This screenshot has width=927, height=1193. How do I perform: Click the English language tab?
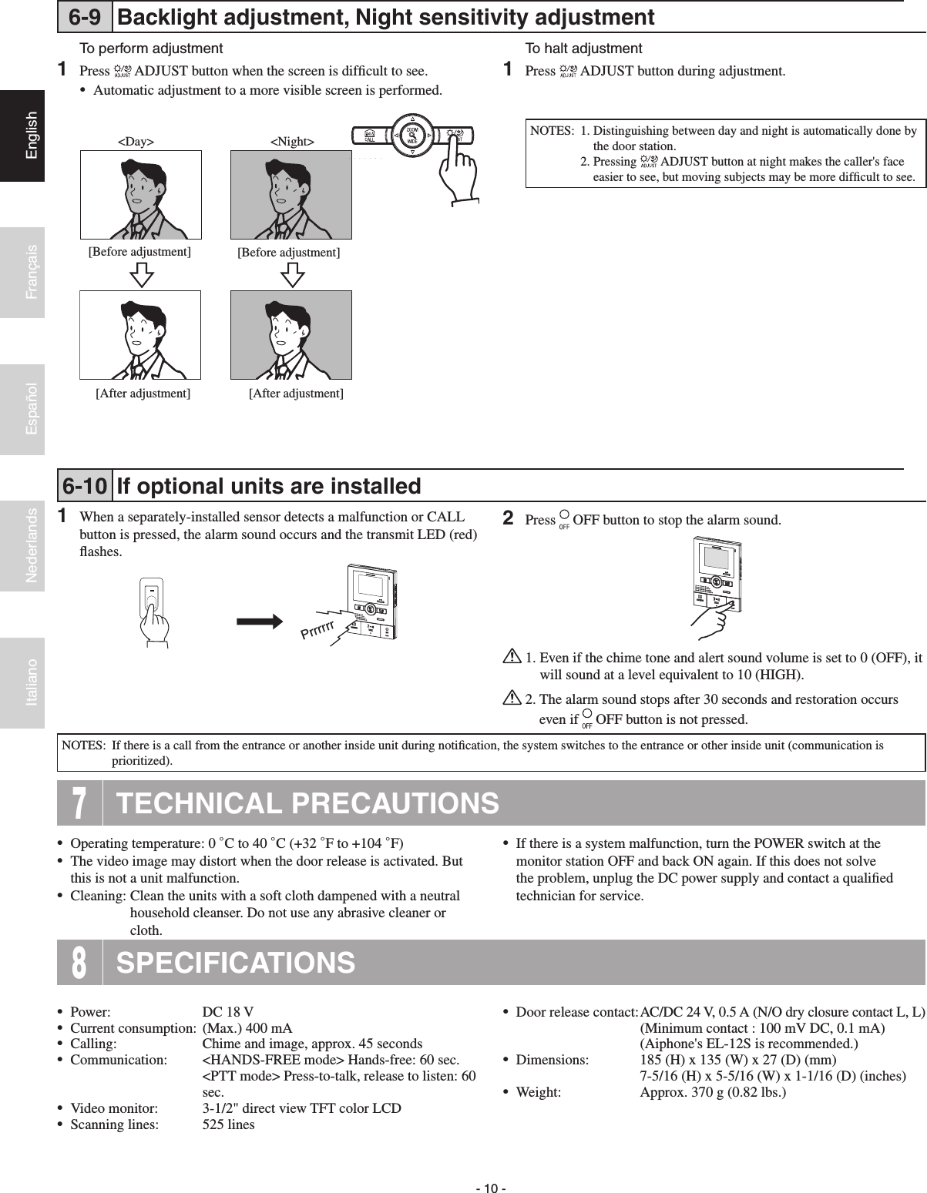22,136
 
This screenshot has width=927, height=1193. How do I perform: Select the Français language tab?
22,272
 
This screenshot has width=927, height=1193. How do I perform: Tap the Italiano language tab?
22,682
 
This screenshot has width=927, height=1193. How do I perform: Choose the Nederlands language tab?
22,545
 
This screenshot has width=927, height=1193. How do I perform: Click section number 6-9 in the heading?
85,16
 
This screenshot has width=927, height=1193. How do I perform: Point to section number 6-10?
85,486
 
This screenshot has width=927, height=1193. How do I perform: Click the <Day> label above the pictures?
135,142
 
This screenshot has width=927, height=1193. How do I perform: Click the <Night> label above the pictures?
292,142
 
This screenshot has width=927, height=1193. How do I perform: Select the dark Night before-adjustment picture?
291,194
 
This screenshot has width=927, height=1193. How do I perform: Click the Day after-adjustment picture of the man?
141,335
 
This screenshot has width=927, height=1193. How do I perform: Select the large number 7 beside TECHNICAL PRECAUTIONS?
79,803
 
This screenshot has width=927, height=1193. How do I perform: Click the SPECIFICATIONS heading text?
235,963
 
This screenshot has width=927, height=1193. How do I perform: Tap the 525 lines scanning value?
228,1124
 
